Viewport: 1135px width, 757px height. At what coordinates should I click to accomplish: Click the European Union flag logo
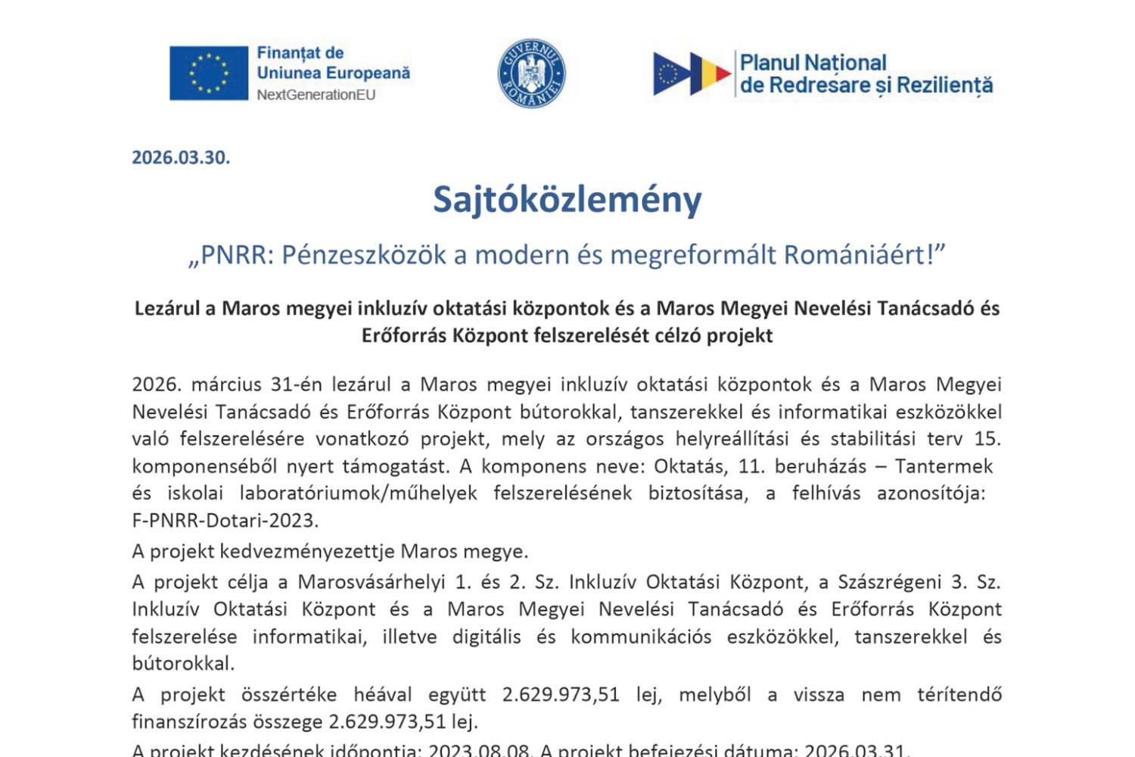[x=209, y=73]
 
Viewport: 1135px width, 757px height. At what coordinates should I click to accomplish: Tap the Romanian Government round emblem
[x=531, y=73]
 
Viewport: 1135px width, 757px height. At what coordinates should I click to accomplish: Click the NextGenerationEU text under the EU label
[x=316, y=95]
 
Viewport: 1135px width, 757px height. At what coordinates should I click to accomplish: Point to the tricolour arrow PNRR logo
[x=692, y=73]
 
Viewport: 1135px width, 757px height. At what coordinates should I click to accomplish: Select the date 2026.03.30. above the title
[x=181, y=157]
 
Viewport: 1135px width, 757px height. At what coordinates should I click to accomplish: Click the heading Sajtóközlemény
[x=567, y=200]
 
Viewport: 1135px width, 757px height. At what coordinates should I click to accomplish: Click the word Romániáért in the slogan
[x=855, y=255]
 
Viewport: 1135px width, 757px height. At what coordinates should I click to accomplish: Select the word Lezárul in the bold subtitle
[x=167, y=309]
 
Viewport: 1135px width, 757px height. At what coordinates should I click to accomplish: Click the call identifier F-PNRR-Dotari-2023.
[x=225, y=520]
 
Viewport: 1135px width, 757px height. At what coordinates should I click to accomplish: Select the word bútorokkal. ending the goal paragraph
[x=183, y=664]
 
